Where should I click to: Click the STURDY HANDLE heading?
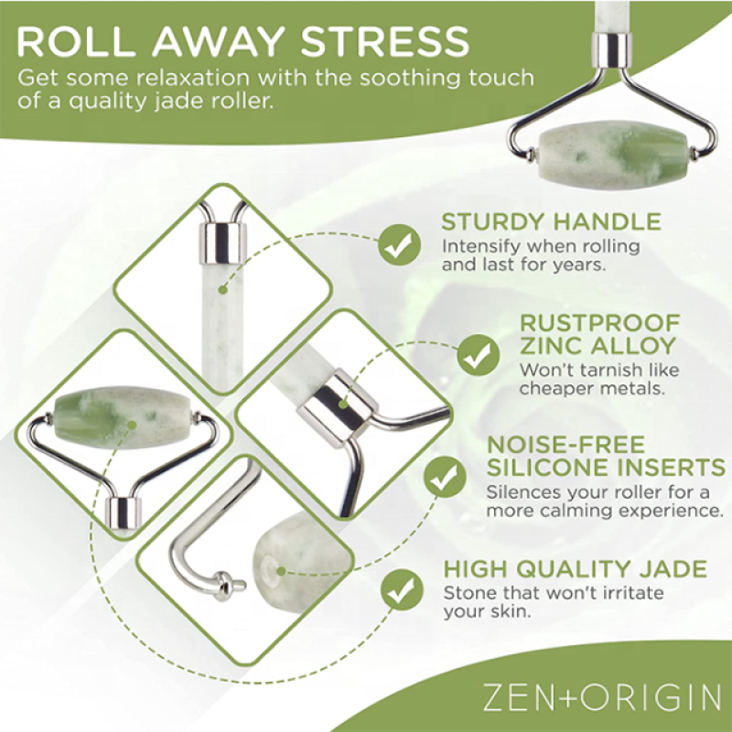(x=551, y=221)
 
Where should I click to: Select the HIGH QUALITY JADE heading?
(x=575, y=569)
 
